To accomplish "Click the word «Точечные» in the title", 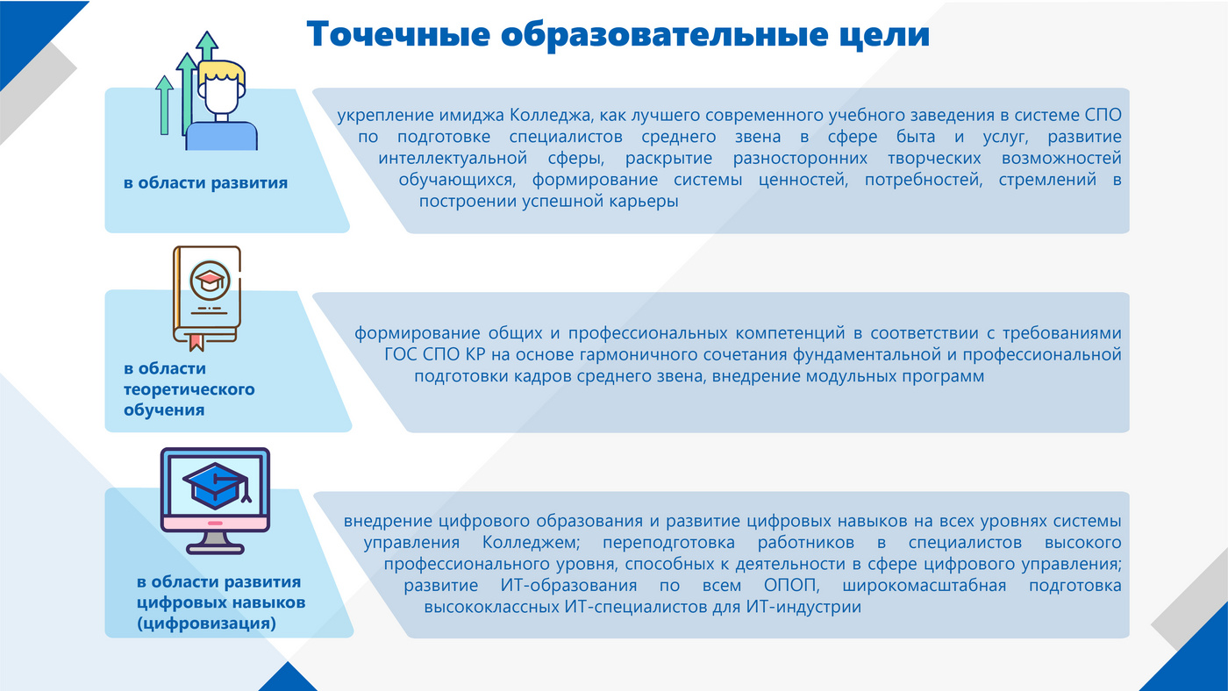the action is pos(398,34).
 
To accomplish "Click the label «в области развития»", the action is pos(205,183).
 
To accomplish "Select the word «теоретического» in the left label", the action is pos(189,389).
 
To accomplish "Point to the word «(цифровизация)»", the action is pos(206,623).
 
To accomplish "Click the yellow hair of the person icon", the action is pos(221,71).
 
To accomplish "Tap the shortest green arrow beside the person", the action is pos(164,105).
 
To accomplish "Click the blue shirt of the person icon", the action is pos(221,137).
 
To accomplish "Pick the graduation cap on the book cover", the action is pos(210,280).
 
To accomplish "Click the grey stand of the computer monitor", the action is pos(215,543).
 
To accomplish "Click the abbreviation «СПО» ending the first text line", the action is pos(1103,115).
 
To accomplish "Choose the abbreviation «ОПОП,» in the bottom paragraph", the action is pos(791,586).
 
